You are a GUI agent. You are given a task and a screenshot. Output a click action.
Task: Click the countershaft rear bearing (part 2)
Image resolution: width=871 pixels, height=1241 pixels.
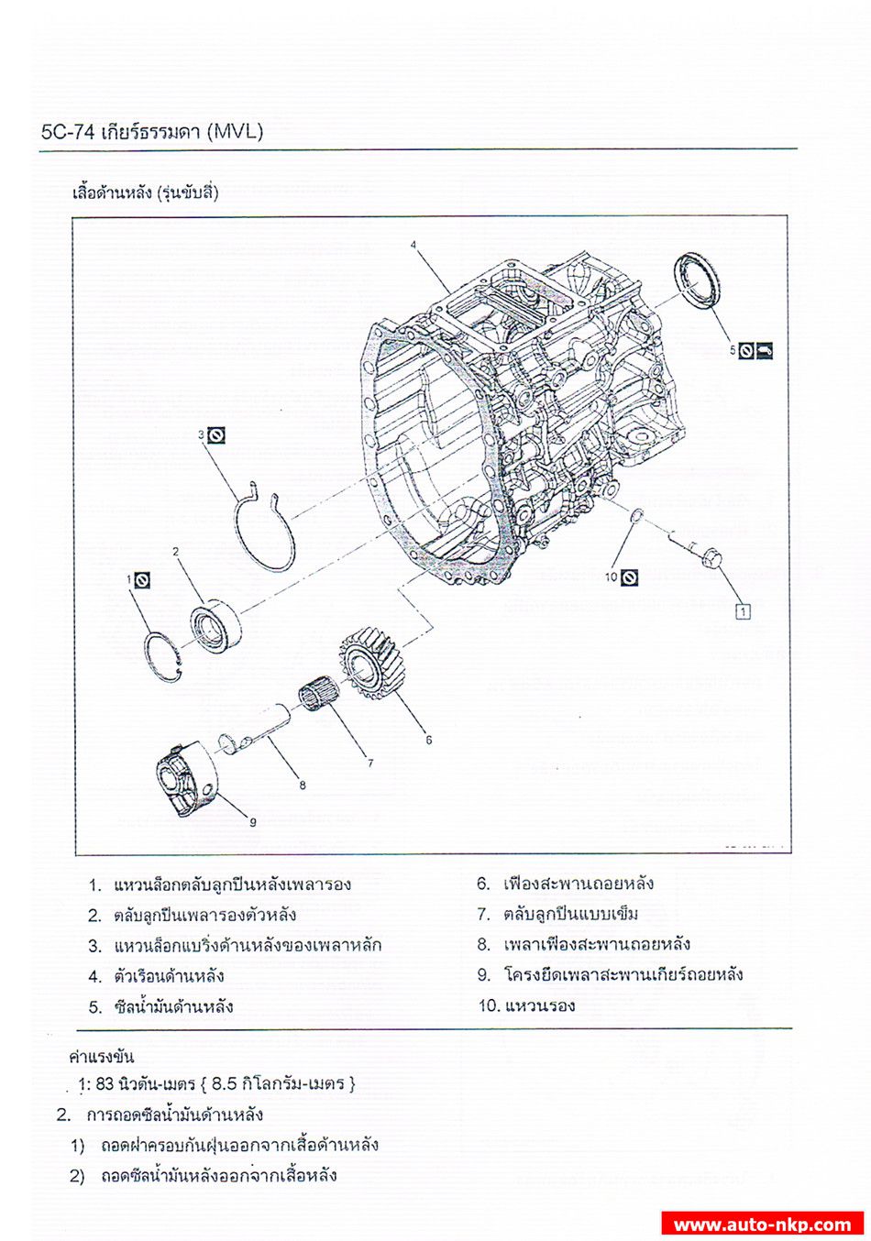click(x=215, y=624)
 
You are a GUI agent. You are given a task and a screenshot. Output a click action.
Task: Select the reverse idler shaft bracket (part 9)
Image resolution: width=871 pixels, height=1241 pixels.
click(x=186, y=778)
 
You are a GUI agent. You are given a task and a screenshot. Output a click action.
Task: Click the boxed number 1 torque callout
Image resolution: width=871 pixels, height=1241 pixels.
click(x=743, y=611)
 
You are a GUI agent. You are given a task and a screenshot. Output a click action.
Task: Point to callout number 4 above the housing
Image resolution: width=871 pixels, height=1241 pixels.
click(x=413, y=245)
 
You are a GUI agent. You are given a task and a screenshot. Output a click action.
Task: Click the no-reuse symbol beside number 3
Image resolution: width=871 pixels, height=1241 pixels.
click(x=216, y=436)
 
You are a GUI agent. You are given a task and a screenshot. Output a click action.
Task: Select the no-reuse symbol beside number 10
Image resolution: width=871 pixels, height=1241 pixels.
click(x=629, y=577)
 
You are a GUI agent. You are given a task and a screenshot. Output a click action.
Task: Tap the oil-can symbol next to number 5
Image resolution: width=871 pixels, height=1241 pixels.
click(x=764, y=350)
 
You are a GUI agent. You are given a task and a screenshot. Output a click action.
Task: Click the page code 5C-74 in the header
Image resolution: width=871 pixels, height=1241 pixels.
click(x=67, y=132)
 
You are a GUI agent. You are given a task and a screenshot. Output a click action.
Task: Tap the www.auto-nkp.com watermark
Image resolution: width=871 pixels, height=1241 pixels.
click(x=763, y=1224)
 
